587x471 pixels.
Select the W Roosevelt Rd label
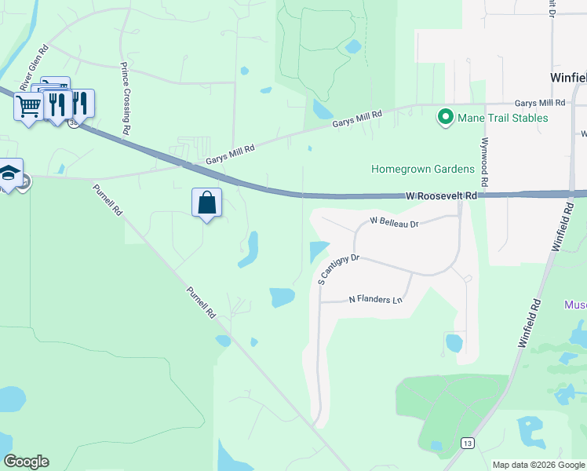441,195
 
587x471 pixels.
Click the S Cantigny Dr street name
337,267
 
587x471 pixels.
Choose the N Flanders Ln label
375,300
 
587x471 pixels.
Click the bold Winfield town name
566,78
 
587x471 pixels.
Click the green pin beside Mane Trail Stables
446,118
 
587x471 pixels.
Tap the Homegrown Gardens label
423,169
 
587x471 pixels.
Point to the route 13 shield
467,444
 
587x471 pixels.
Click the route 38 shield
73,123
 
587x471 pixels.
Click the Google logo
27,462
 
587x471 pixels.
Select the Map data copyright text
538,465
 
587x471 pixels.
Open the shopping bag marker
206,203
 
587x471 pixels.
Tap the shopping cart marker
29,106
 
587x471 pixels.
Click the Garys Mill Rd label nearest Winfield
540,103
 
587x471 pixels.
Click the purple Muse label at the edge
575,304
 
